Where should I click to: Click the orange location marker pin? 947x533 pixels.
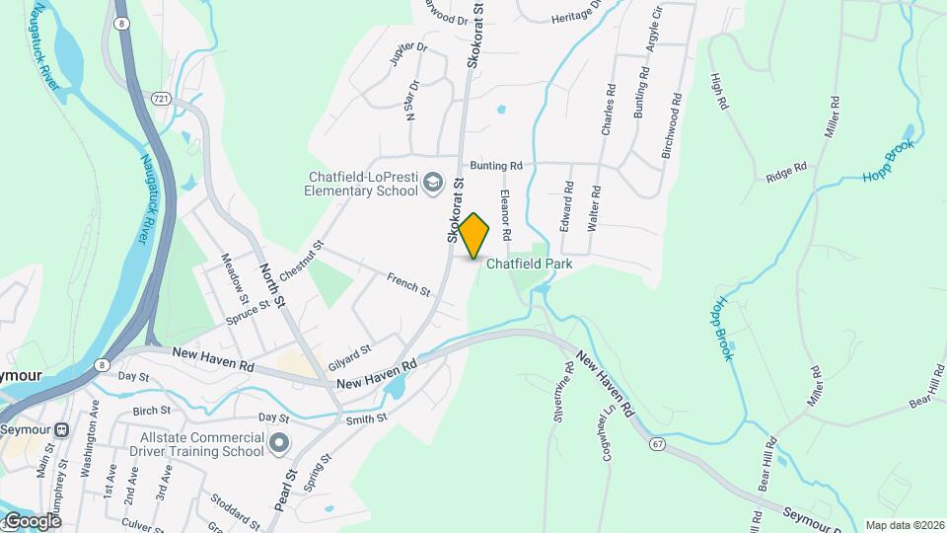click(473, 236)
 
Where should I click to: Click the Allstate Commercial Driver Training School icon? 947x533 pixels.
click(279, 443)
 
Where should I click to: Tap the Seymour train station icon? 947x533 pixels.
click(63, 430)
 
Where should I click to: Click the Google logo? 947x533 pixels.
click(32, 521)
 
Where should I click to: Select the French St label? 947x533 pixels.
click(408, 285)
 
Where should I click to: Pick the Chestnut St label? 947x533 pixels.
click(304, 258)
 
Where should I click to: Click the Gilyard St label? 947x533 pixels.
click(350, 350)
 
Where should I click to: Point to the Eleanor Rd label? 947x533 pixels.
click(505, 215)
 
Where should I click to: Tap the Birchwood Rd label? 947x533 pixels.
click(672, 126)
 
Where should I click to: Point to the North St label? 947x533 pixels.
click(271, 283)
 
